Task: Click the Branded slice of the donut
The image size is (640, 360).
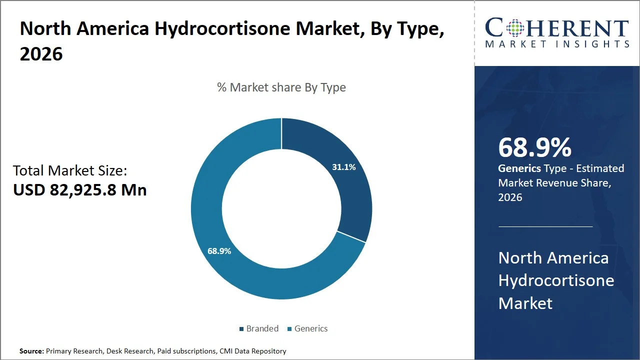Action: point(350,190)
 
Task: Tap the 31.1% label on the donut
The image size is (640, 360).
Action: point(344,167)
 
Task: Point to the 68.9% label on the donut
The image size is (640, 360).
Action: point(219,251)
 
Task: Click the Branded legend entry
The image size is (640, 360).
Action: point(258,328)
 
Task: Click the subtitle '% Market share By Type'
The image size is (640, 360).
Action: point(281,87)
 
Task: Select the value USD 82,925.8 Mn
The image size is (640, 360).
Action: point(80,190)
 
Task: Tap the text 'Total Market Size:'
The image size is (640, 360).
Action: point(70,170)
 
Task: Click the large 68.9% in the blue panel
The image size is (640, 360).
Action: point(535,148)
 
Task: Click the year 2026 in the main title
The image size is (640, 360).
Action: point(41,54)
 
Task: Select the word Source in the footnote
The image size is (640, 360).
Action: point(31,351)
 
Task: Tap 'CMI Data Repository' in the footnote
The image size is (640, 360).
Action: point(253,351)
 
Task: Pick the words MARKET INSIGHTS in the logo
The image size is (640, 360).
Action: point(557,44)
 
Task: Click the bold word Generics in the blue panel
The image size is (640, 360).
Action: point(519,168)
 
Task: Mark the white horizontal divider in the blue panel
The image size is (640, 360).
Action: point(545,226)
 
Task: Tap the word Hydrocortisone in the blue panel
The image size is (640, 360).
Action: point(556,280)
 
